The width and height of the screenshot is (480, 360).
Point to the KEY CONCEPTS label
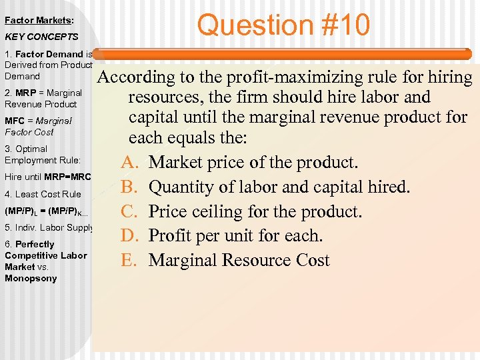(x=41, y=37)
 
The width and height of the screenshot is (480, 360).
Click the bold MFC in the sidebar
(x=15, y=121)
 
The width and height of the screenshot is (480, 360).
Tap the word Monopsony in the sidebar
(x=31, y=278)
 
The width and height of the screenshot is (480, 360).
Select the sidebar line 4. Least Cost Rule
(x=43, y=194)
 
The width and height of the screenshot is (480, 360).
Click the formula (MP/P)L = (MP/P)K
(x=46, y=211)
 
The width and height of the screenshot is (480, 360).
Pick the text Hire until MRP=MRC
(x=47, y=177)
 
